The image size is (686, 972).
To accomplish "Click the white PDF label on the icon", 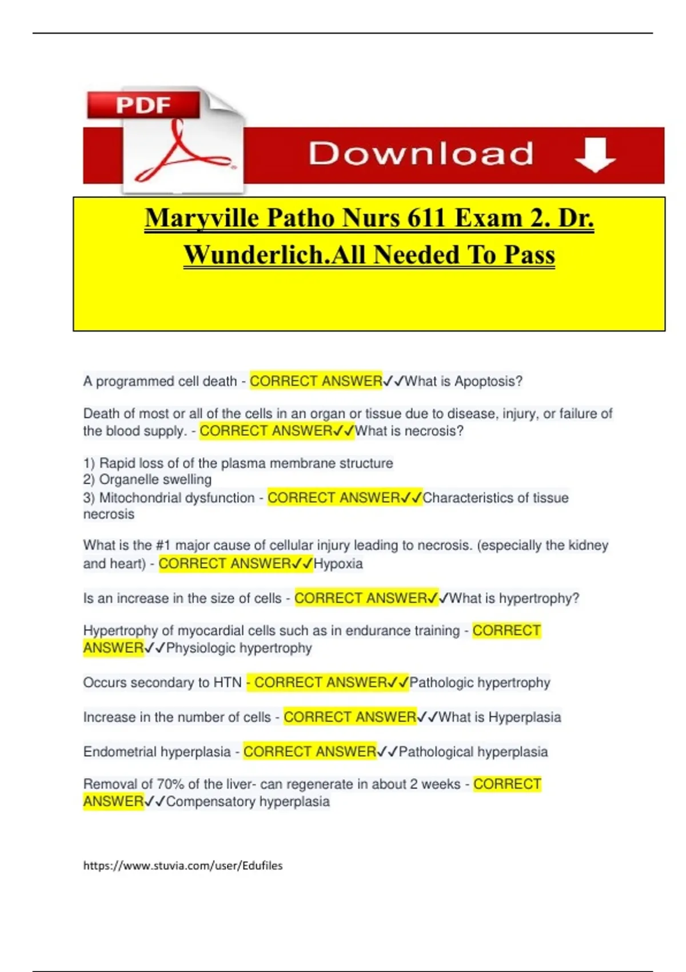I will pos(143,105).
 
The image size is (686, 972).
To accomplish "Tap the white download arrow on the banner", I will pos(595,154).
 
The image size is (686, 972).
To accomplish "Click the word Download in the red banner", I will pos(421,154).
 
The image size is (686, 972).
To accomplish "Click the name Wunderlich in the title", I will pos(257,255).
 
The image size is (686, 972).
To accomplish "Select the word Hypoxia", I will pos(338,564).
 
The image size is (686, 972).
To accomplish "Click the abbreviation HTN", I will pos(228,683).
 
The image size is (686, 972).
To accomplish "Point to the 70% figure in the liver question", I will pos(170,784).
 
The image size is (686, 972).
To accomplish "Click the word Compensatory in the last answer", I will pos(210,802).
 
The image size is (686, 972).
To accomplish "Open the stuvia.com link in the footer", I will pos(183,866).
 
